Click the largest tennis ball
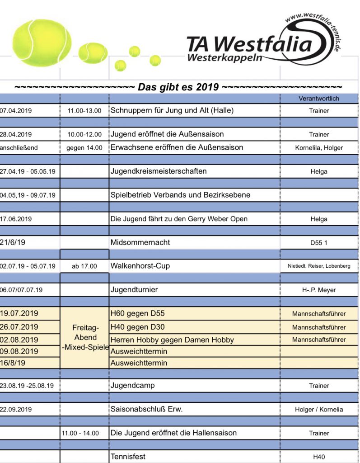point(42,43)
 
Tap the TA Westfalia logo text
point(249,46)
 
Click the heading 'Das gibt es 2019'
point(178,87)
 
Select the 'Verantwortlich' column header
point(319,98)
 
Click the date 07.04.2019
point(16,110)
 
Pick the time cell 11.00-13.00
point(84,110)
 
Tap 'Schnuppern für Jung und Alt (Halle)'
point(172,110)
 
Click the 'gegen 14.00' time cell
point(84,147)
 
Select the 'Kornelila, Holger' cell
point(319,147)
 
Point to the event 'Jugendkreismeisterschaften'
point(159,171)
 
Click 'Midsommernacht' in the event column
point(140,242)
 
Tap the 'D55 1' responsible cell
point(319,243)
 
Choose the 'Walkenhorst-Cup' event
point(140,266)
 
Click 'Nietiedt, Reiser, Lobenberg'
point(319,266)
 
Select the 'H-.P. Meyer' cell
point(319,290)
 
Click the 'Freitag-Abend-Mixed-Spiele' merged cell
point(84,338)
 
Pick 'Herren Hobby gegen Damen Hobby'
point(172,340)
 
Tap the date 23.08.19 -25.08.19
point(27,386)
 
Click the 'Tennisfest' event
point(128,457)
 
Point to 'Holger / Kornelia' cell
point(319,409)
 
